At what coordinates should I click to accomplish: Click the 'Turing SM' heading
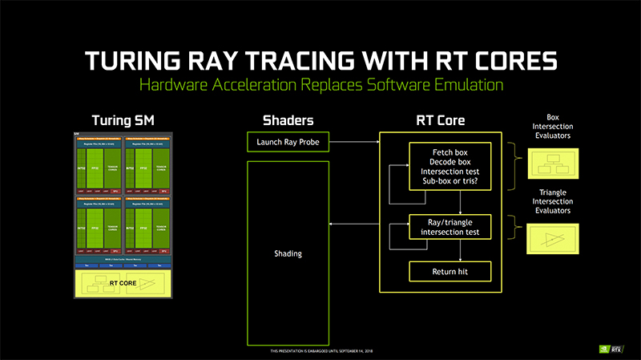point(123,121)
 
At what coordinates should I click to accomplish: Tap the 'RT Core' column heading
point(440,121)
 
